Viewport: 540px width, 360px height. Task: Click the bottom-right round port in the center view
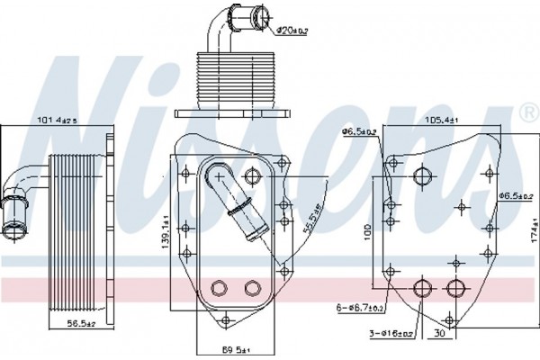(250, 287)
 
